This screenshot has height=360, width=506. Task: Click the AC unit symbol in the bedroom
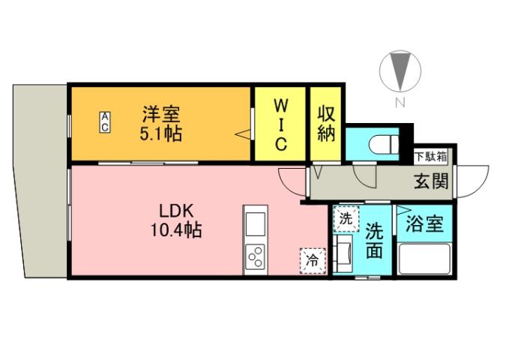pyautogui.click(x=106, y=122)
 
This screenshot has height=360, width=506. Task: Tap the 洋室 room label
pyautogui.click(x=161, y=115)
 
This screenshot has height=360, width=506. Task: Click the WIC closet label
pyautogui.click(x=280, y=123)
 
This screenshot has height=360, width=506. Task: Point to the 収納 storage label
pyautogui.click(x=325, y=124)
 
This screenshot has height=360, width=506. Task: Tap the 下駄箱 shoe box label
pyautogui.click(x=430, y=157)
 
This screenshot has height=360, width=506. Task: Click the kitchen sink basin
pyautogui.click(x=255, y=224)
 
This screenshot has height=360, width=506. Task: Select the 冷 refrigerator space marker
pyautogui.click(x=310, y=260)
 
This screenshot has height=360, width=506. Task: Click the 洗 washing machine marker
pyautogui.click(x=346, y=219)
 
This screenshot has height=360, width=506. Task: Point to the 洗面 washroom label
pyautogui.click(x=374, y=241)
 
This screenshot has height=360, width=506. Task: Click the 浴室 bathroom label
pyautogui.click(x=424, y=223)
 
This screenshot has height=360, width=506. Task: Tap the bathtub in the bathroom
pyautogui.click(x=424, y=259)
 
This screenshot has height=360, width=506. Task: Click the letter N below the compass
pyautogui.click(x=400, y=103)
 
